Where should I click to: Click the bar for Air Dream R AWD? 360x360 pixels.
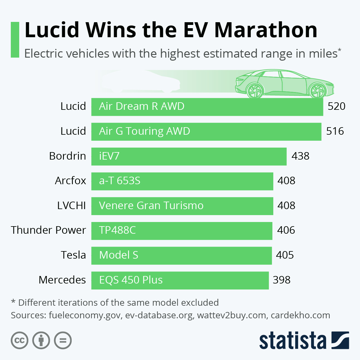207,106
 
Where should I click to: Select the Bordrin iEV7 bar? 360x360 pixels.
189,156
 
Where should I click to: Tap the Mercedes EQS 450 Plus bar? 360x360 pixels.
180,280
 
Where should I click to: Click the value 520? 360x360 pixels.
336,106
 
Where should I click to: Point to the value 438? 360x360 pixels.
300,156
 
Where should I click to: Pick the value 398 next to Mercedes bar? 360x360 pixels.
281,280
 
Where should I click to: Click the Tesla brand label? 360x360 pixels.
73,255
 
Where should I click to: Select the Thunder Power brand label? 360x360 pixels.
49,230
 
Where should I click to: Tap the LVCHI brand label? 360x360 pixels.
71,205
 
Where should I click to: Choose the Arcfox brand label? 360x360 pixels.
70,181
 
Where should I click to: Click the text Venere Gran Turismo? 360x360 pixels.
151,205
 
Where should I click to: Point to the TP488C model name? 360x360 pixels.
117,230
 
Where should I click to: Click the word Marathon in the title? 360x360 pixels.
266,30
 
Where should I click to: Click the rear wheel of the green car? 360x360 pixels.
255,90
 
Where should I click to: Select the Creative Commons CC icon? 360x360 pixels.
19,340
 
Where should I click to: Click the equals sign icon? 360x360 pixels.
63,340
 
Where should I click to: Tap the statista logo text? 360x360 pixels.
292,340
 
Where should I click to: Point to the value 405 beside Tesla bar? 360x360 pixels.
285,255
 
